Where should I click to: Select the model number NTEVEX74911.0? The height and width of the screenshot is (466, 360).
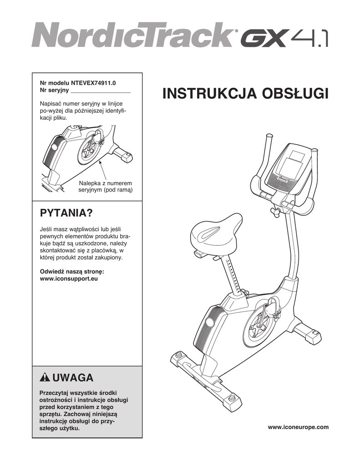point(94,83)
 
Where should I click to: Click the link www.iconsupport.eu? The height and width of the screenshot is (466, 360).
point(69,278)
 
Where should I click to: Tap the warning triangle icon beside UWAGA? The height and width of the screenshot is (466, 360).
point(45,378)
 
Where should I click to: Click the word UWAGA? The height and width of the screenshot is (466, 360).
point(73,378)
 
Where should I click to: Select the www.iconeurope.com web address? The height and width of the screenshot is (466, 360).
point(298,427)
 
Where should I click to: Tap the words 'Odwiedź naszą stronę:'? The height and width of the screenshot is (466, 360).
point(72,271)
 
